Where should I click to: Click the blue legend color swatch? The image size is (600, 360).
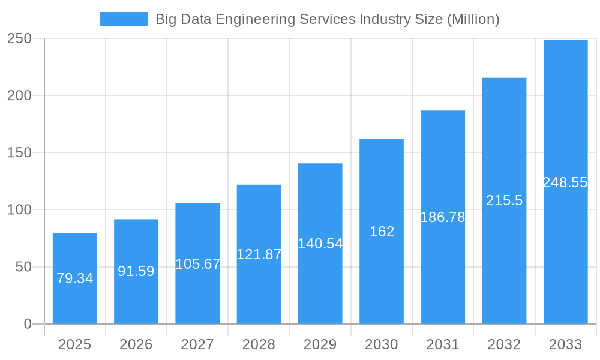click(124, 19)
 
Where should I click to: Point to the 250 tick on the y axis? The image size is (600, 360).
click(19, 38)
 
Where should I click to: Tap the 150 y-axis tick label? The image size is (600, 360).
click(19, 152)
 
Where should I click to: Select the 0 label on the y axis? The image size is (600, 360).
click(28, 324)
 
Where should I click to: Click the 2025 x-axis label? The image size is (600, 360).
click(74, 344)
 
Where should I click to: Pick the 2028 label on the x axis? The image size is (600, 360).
click(259, 344)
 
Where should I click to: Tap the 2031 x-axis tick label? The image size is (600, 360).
click(443, 344)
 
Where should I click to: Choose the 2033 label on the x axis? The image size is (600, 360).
click(565, 344)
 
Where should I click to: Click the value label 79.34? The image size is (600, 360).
click(74, 278)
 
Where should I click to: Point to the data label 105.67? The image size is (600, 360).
click(197, 264)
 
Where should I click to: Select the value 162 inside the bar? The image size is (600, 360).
click(382, 232)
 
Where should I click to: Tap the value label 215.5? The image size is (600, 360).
click(504, 201)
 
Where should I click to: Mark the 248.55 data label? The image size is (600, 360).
click(565, 182)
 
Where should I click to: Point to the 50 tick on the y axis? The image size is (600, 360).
click(23, 267)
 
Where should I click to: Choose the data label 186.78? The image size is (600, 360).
click(443, 217)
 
